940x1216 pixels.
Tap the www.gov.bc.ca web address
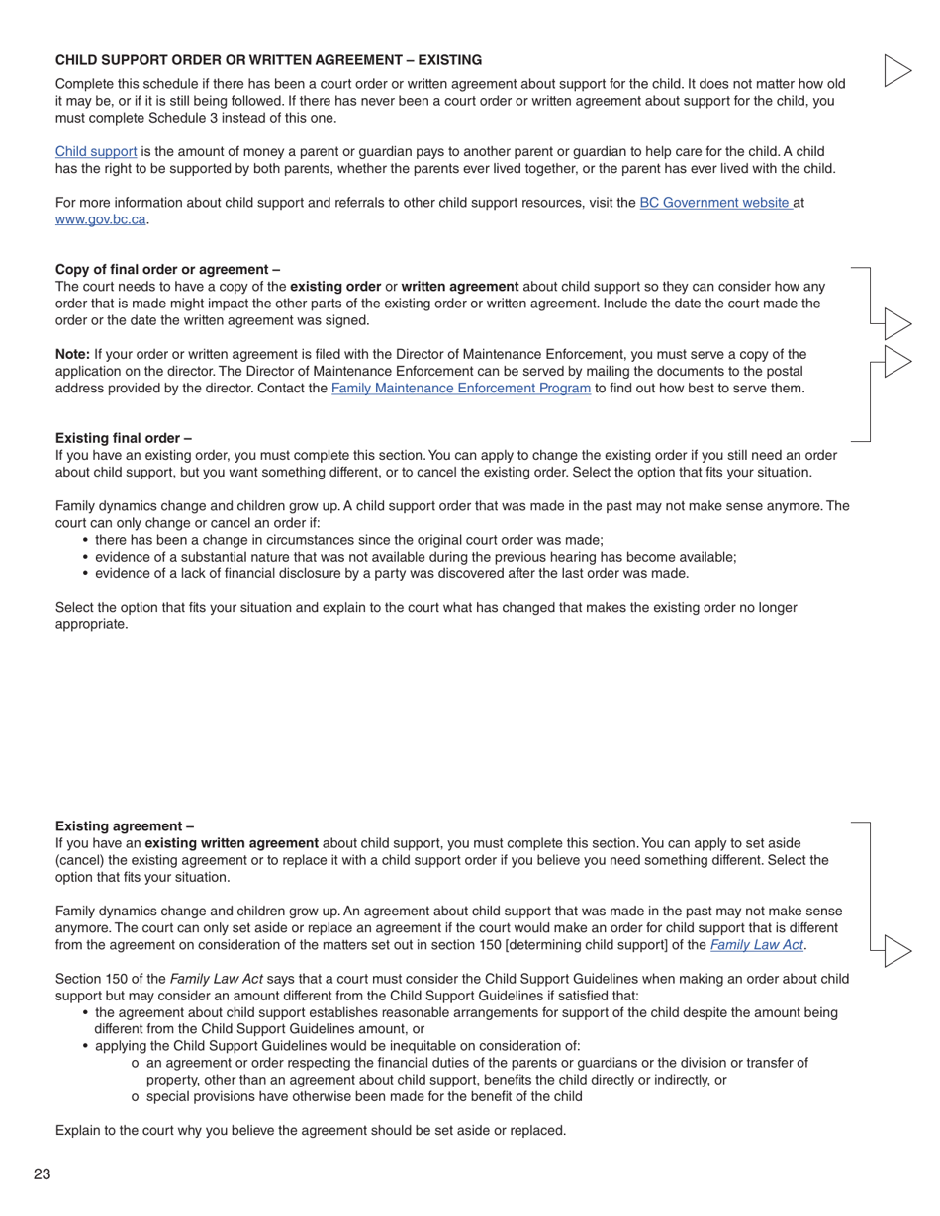coord(101,219)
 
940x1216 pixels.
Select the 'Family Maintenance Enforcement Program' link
coord(460,389)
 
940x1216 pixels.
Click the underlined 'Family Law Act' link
coord(756,945)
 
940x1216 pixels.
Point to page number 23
coord(42,1174)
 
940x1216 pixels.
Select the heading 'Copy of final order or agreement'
coord(167,270)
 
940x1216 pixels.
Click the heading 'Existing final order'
coord(124,438)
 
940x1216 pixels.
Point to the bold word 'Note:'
coord(72,355)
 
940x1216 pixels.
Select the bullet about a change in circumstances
coord(348,540)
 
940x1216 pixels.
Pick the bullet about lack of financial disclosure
coord(391,573)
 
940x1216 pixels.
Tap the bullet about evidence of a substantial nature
coord(415,557)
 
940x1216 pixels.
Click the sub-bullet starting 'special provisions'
coord(363,1096)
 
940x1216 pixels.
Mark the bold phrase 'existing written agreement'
coord(232,843)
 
